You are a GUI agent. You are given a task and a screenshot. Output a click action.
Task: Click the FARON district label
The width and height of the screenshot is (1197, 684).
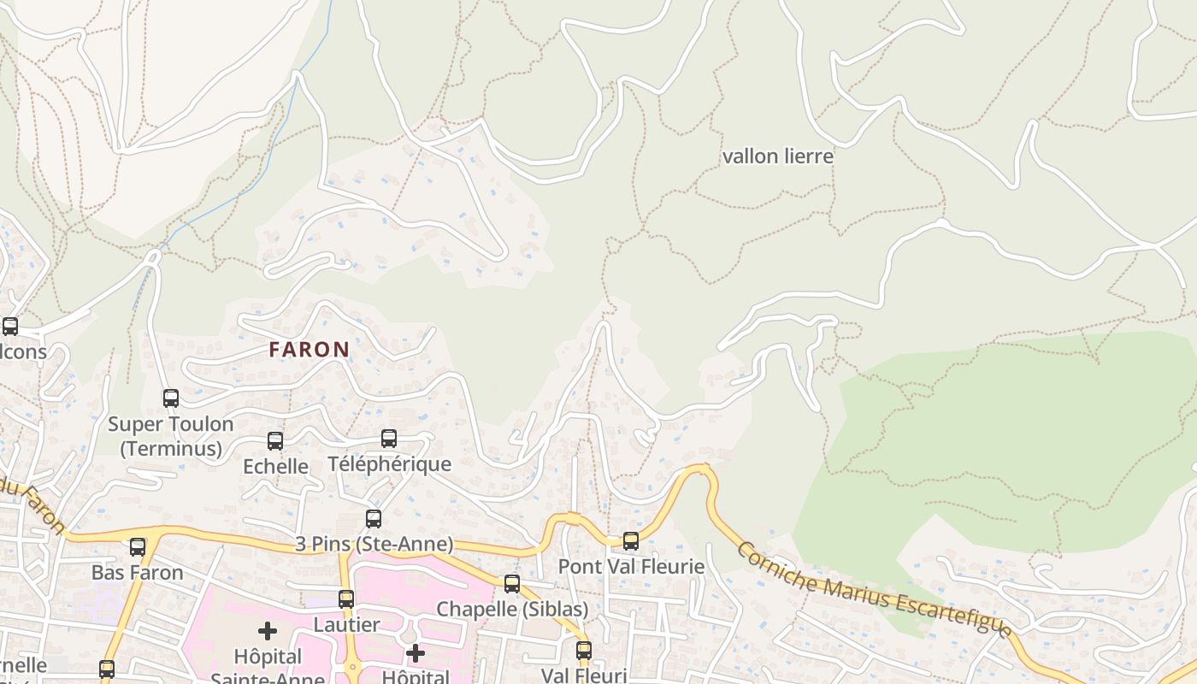point(309,349)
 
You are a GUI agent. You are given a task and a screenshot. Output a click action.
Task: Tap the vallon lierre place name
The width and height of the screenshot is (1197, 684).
point(777,156)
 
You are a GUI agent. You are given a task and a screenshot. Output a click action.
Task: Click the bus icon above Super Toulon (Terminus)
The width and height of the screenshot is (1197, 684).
point(171,398)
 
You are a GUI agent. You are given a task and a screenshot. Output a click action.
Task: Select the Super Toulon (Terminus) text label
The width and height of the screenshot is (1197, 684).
point(170,436)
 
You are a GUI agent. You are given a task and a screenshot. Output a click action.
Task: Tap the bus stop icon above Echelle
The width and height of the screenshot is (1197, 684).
point(275,441)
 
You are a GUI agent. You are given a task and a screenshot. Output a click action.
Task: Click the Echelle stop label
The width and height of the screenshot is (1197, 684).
point(275,466)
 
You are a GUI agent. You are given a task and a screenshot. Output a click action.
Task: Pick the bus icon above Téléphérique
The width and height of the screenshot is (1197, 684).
point(389,439)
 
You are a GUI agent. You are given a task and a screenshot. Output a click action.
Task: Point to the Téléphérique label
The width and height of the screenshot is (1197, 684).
point(389,464)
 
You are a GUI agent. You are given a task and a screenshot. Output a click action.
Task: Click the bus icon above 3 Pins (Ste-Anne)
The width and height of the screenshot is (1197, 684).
point(374,518)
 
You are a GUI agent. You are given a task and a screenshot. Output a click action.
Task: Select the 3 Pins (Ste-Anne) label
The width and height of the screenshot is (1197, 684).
point(374,544)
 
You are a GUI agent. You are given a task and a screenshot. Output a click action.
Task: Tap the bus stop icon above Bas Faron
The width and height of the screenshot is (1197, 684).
point(138,547)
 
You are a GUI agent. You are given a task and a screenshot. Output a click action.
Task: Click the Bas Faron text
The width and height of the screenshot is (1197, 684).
point(138,572)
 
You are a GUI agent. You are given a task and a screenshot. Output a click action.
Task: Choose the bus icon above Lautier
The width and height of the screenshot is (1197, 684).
point(346,599)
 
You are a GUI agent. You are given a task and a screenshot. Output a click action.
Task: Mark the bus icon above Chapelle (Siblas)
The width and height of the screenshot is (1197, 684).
point(512,584)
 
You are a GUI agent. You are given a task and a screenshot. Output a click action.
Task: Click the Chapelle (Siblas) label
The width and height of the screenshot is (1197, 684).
point(512,609)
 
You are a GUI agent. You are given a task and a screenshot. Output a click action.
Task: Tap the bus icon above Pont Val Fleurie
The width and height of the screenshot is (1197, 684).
point(631,540)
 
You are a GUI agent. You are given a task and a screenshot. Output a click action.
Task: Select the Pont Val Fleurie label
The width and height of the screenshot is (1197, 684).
point(631,566)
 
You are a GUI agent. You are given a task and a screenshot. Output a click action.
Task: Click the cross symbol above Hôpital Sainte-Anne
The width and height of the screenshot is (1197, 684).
point(268,631)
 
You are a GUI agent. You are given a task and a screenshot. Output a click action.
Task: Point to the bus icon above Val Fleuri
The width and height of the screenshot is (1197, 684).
point(584,651)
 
